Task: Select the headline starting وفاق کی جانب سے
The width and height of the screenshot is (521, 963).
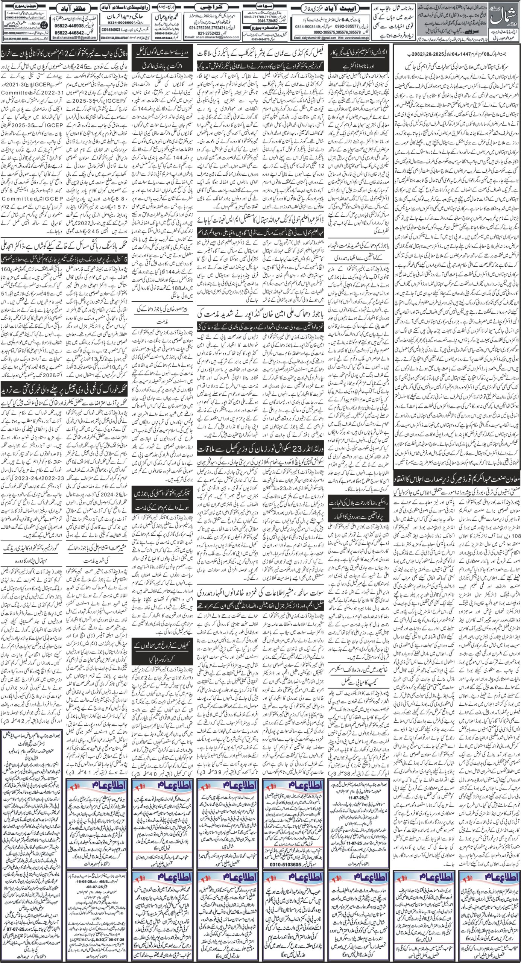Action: point(65,48)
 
